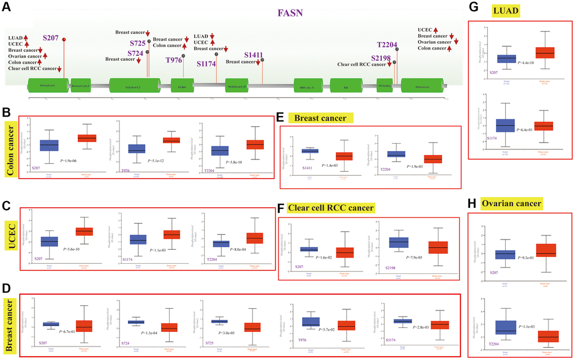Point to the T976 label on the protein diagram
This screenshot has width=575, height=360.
174,60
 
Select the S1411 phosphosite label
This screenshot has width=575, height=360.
254,55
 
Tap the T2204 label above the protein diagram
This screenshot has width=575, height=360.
388,46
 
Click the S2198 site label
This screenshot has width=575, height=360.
381,58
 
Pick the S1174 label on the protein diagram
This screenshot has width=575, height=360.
206,64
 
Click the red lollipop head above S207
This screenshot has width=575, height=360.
64,39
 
